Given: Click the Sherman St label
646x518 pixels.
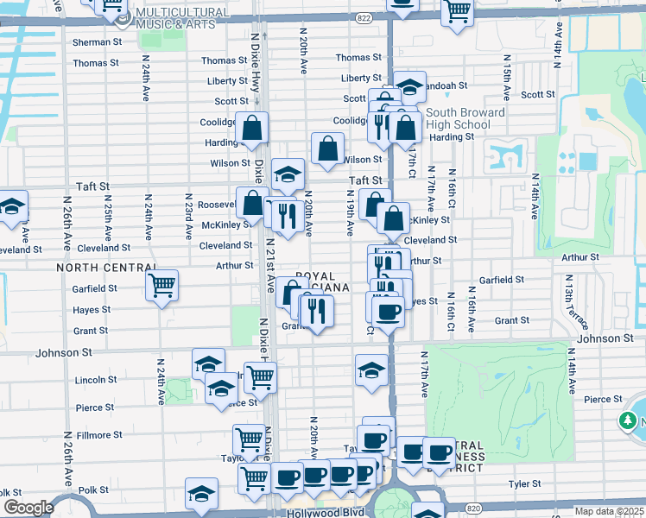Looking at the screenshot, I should click(x=97, y=41).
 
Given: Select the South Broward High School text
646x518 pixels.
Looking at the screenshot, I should click(x=465, y=119).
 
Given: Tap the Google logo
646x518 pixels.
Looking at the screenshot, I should click(x=28, y=508).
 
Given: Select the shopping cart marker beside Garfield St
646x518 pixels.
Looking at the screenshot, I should click(x=162, y=285).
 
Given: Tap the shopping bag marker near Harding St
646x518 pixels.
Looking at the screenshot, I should click(x=254, y=129).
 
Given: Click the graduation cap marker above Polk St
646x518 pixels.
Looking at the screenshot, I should click(x=201, y=493).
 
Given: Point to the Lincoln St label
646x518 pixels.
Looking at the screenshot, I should click(x=95, y=380).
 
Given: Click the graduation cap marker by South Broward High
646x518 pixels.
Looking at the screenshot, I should click(x=410, y=86).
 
